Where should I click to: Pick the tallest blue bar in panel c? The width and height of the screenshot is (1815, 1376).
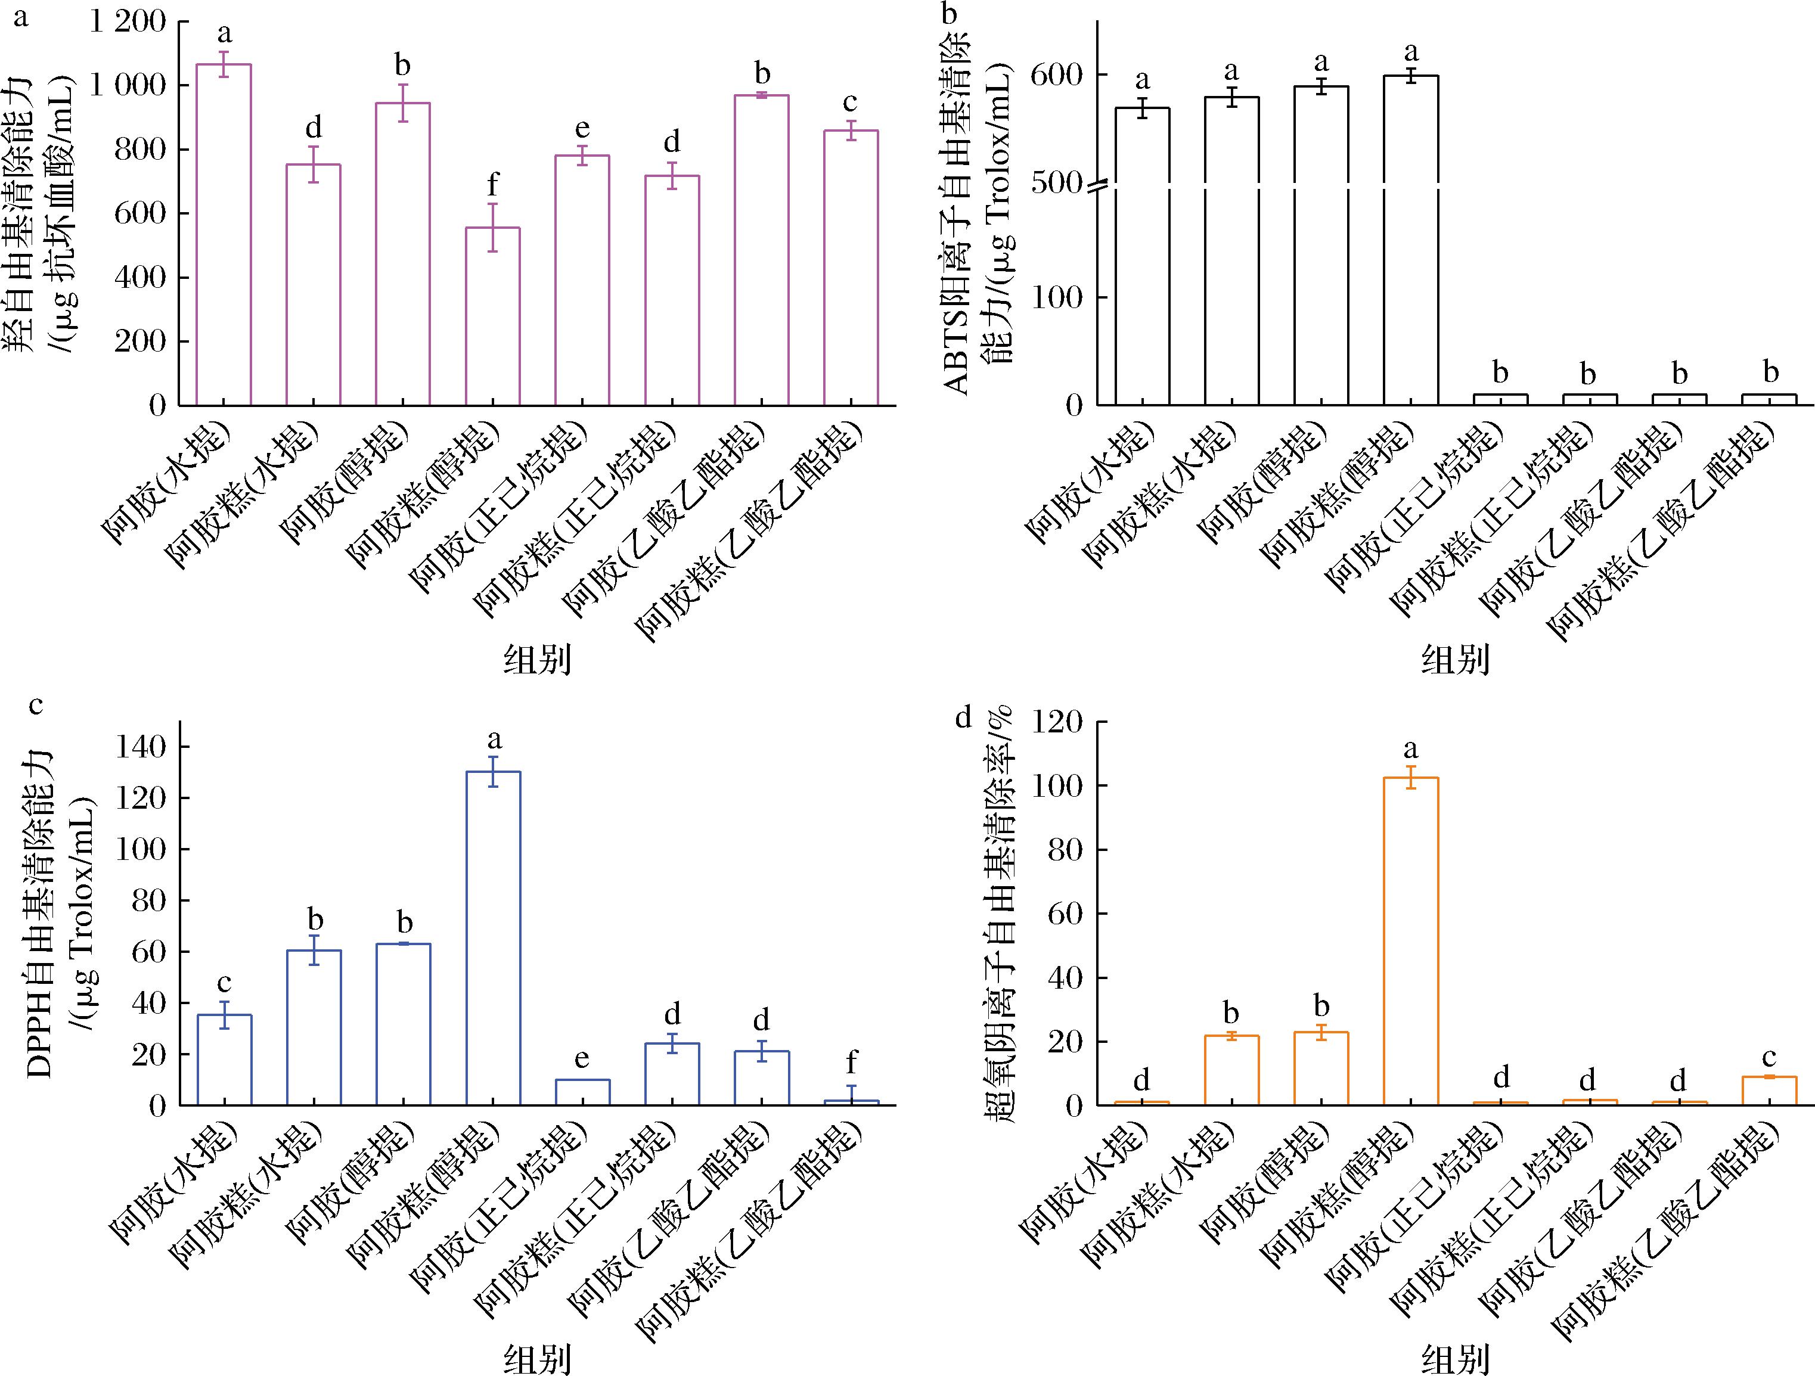(x=492, y=938)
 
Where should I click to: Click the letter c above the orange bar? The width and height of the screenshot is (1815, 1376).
(x=1770, y=1057)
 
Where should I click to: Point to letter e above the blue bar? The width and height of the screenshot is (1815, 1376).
(x=582, y=1060)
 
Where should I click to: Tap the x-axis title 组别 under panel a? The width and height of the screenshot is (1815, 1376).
(x=538, y=660)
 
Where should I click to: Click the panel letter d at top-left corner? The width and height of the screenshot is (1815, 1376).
(x=963, y=719)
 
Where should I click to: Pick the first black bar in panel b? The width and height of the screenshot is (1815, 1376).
(x=1141, y=256)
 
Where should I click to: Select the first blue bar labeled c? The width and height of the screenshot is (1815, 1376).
(x=224, y=1060)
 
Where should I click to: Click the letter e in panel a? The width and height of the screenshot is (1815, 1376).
(x=582, y=130)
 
